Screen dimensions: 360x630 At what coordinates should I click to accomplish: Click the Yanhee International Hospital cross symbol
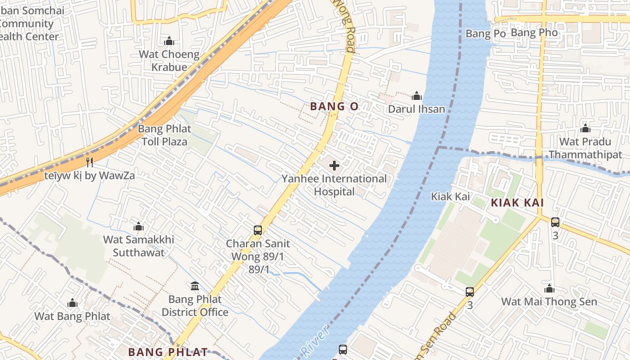tap(334, 166)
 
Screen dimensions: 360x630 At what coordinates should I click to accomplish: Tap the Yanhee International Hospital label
tap(334, 185)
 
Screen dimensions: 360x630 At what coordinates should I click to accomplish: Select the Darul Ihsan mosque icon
tap(417, 96)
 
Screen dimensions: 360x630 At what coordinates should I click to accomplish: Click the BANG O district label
tap(334, 107)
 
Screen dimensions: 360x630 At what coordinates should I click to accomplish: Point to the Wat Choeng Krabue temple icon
tap(169, 41)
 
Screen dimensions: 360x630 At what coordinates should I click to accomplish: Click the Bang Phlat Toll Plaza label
tap(164, 135)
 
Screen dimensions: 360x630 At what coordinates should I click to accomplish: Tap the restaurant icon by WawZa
tap(90, 162)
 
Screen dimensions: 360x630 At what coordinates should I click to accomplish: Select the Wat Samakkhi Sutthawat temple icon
tap(139, 226)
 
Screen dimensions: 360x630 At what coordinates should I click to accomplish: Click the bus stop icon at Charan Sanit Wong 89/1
tap(258, 230)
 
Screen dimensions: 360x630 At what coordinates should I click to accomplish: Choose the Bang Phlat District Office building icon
tap(195, 286)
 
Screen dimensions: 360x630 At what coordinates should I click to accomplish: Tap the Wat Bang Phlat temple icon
tap(72, 303)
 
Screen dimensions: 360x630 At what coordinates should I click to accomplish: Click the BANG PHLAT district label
tap(168, 352)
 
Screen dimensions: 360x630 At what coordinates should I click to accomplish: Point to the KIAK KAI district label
tap(517, 202)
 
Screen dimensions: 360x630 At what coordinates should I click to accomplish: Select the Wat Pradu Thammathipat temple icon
tap(585, 129)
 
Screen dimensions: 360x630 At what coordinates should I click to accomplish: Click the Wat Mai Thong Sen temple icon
tap(549, 288)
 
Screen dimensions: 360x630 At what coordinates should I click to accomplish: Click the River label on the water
tap(313, 343)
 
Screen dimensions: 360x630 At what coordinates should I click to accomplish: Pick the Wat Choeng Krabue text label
tap(169, 61)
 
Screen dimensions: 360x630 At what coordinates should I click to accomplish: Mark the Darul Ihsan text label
tap(416, 109)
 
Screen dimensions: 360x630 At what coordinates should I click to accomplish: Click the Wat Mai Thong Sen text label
tap(549, 301)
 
